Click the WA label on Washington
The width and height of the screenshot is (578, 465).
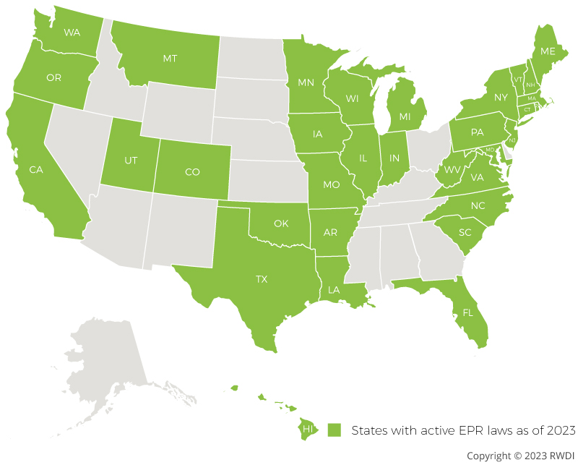pos(72,33)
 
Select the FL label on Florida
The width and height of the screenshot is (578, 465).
pos(467,314)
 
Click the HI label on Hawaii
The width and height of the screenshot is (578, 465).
pos(308,430)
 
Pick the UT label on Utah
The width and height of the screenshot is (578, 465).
pos(130,161)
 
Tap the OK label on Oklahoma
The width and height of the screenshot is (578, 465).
pos(281,223)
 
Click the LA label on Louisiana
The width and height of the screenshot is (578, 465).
pos(333,289)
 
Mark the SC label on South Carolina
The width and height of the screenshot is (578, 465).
pos(465,232)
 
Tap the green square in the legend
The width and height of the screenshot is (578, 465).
pos(333,430)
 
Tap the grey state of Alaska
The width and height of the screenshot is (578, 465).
pos(108,362)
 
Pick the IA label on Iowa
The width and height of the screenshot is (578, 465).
pos(318,135)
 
